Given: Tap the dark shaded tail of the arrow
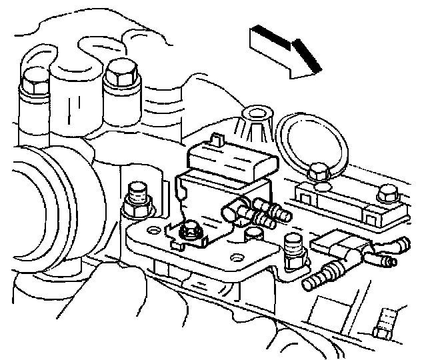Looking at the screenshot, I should (263, 35).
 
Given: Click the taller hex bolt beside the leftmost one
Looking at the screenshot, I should (121, 74).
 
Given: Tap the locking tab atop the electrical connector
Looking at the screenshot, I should (215, 139).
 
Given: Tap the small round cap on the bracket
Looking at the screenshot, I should (253, 237).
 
